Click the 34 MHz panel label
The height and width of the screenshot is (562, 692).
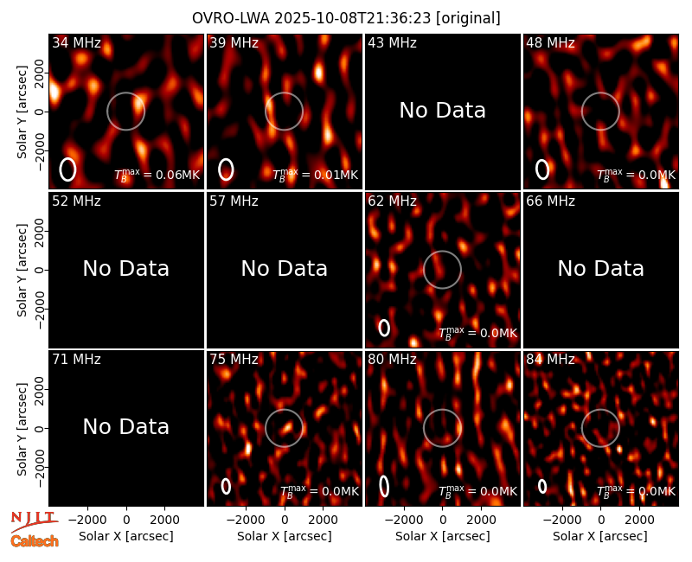(x=76, y=42)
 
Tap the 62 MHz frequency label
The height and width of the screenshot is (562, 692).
(x=392, y=201)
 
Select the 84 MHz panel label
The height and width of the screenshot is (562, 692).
(x=550, y=360)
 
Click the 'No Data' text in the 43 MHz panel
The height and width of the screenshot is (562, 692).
(x=442, y=111)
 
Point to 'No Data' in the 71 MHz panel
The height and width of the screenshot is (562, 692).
(x=125, y=427)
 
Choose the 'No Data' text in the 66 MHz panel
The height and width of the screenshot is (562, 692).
(x=600, y=269)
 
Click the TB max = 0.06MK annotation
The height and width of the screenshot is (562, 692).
(x=157, y=175)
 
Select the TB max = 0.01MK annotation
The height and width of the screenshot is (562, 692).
(x=315, y=175)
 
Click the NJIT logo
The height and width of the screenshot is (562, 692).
(x=34, y=521)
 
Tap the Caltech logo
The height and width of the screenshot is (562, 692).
(x=35, y=541)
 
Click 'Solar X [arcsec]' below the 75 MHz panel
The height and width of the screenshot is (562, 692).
(x=285, y=536)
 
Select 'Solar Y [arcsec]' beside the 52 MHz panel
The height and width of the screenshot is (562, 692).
(x=22, y=270)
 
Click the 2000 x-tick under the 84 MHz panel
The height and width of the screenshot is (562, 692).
(x=639, y=520)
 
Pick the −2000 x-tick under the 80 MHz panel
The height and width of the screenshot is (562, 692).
(x=403, y=520)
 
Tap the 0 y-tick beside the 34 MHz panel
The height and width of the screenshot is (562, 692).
(x=40, y=112)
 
